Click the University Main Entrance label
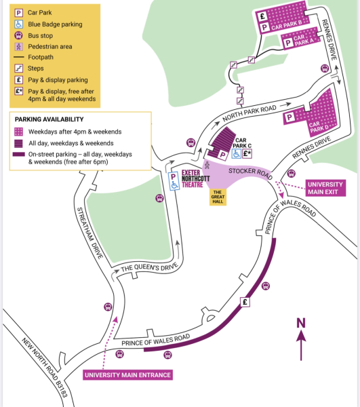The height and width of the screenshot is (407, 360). (127, 375)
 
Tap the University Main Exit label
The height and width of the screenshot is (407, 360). (325, 188)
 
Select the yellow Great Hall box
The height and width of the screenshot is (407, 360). (218, 197)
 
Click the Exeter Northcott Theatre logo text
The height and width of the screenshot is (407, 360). (195, 178)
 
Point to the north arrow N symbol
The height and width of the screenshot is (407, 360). (301, 323)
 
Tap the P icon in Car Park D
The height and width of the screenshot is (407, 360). (289, 117)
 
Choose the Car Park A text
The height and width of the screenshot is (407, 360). (304, 40)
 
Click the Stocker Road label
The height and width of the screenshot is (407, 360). (251, 174)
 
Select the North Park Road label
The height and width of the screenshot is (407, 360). (249, 113)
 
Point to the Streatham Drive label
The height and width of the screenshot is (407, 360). (90, 233)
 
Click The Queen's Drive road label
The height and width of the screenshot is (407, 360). (149, 267)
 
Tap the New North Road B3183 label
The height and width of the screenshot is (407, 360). (45, 367)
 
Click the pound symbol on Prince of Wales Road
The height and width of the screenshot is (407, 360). (245, 302)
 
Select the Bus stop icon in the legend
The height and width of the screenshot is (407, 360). (19, 35)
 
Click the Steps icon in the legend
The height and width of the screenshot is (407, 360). (19, 69)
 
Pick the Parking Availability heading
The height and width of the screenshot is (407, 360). (49, 119)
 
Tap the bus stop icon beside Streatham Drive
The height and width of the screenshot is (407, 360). (108, 307)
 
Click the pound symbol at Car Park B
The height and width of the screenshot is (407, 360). (262, 16)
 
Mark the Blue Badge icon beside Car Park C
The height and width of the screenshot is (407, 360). (237, 154)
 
